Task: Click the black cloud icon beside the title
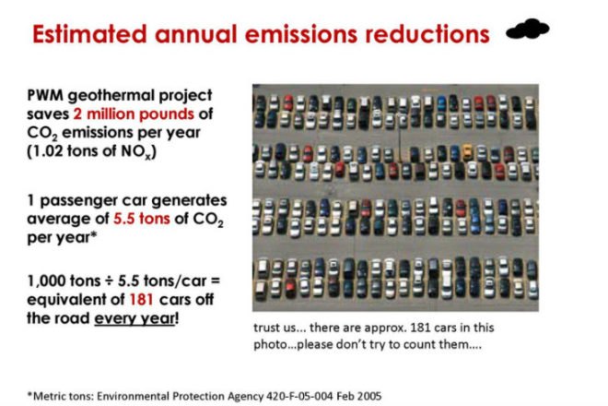click(x=528, y=29)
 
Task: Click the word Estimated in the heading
click(x=89, y=34)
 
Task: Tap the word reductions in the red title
click(x=427, y=34)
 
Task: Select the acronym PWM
click(x=45, y=95)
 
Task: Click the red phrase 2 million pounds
click(x=134, y=114)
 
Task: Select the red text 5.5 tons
click(x=142, y=219)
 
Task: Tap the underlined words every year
click(x=134, y=319)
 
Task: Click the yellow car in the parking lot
click(x=468, y=152)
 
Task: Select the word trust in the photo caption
click(x=266, y=328)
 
